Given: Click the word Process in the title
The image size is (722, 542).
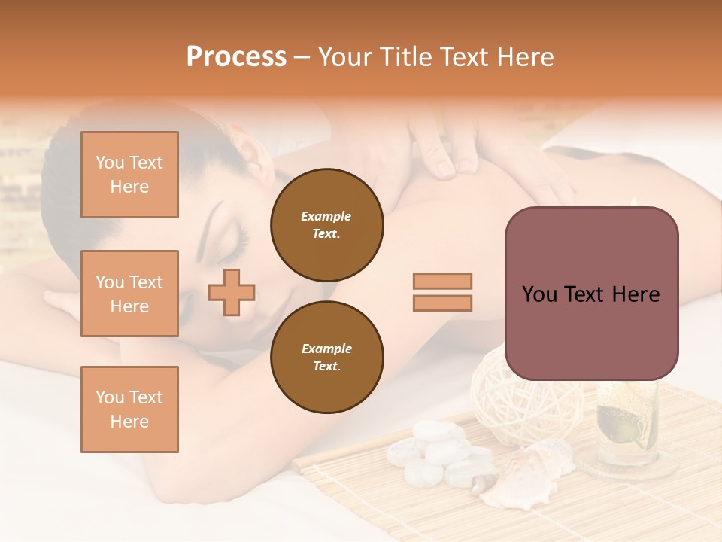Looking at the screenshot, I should pyautogui.click(x=236, y=57).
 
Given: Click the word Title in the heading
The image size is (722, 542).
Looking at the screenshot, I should pyautogui.click(x=405, y=57).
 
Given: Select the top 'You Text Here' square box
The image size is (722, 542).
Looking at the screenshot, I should pyautogui.click(x=129, y=175).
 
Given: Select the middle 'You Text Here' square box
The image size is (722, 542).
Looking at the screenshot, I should pyautogui.click(x=129, y=294).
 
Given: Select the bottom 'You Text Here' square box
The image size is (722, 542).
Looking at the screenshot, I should pyautogui.click(x=129, y=410).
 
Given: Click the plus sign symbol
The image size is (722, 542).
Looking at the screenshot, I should pyautogui.click(x=232, y=292).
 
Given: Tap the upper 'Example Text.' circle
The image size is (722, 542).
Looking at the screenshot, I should pyautogui.click(x=326, y=225).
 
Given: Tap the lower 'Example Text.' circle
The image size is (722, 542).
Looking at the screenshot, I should pyautogui.click(x=326, y=358).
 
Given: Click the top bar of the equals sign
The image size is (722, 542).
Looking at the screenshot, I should pyautogui.click(x=442, y=281).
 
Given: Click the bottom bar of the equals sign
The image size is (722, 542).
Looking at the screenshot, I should pyautogui.click(x=442, y=303).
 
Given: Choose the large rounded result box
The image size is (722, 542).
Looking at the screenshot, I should pyautogui.click(x=591, y=294).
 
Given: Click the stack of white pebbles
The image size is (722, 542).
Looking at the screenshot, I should pyautogui.click(x=432, y=452).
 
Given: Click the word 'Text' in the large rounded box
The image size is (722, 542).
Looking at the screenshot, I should pyautogui.click(x=591, y=294).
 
